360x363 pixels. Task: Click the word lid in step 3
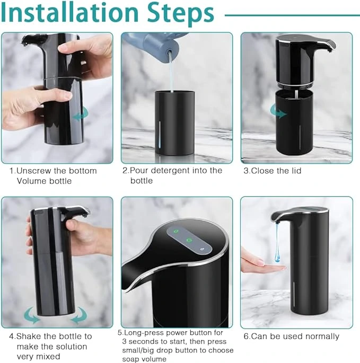295,171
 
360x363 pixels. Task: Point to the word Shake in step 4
28,336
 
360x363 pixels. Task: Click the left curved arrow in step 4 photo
31,315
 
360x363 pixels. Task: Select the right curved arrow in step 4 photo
79,315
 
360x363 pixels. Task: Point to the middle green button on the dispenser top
189,240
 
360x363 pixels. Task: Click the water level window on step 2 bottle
160,135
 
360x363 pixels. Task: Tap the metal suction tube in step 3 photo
296,94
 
